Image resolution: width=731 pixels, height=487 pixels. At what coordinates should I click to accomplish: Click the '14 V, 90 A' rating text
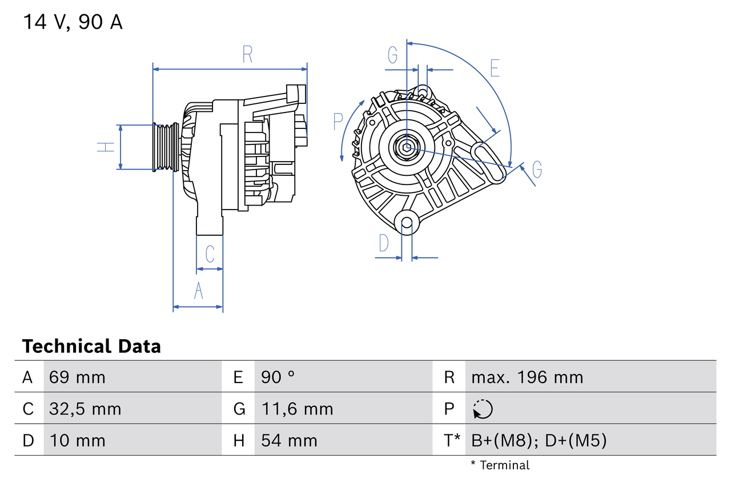73,22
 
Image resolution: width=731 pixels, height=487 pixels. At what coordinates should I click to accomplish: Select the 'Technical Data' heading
91,347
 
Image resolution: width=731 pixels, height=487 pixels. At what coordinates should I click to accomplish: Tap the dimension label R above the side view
247,55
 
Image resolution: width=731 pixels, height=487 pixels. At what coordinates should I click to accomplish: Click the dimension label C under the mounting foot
210,253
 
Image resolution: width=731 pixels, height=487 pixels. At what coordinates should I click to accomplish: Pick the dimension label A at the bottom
198,291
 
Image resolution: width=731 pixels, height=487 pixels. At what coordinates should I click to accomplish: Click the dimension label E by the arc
495,68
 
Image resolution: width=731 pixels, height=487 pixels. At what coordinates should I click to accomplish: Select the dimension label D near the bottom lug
384,243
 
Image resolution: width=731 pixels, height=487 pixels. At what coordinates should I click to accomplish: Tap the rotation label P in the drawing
338,122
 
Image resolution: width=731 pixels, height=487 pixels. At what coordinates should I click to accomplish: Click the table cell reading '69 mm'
77,377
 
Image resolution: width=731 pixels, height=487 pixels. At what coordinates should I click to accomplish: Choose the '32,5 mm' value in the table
85,409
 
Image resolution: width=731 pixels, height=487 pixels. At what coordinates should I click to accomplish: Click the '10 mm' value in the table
77,441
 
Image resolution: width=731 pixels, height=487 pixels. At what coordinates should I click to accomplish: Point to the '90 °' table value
278,377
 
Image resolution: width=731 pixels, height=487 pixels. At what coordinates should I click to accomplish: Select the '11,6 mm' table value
297,409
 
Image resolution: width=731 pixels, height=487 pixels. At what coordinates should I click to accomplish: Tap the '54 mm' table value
289,441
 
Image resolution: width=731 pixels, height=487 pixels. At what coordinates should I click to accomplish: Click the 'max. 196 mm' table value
527,377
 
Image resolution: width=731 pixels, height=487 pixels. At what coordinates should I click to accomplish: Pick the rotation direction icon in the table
483,409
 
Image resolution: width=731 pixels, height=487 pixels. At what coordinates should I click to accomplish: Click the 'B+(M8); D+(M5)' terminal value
539,441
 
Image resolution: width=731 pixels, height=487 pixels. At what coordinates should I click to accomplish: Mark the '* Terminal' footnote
500,465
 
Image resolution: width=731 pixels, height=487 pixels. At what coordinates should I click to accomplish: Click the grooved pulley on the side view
164,147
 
